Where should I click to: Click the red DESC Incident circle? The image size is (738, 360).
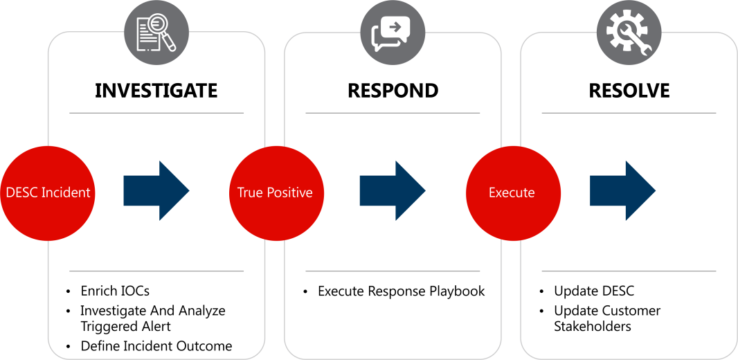click(47, 193)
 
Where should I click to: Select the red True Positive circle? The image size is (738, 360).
click(276, 193)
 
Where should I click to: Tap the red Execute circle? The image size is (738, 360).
click(512, 193)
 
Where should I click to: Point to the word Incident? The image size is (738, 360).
click(66, 193)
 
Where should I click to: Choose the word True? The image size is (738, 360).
click(249, 193)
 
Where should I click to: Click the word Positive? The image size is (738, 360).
click(289, 193)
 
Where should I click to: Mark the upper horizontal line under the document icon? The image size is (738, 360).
click(156, 112)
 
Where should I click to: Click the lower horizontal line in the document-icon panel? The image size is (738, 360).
click(156, 271)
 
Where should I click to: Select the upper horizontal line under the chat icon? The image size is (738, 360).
click(393, 112)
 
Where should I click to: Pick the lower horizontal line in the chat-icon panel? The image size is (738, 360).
click(393, 271)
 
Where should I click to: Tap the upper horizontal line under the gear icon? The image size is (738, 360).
click(629, 112)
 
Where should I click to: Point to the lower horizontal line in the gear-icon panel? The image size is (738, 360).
click(629, 271)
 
